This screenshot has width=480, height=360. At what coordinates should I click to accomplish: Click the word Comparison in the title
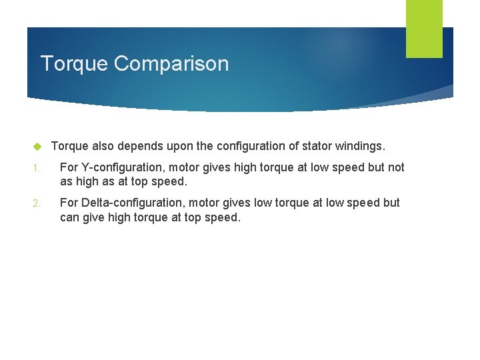click(171, 64)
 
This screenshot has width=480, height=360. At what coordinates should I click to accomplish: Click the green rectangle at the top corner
click(424, 28)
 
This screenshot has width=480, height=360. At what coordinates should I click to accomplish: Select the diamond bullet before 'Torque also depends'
click(38, 146)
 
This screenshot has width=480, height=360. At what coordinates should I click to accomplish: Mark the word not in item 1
click(396, 167)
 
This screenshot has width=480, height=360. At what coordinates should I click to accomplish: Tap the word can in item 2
click(69, 217)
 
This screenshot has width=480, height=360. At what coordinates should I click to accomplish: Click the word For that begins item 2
click(69, 202)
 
